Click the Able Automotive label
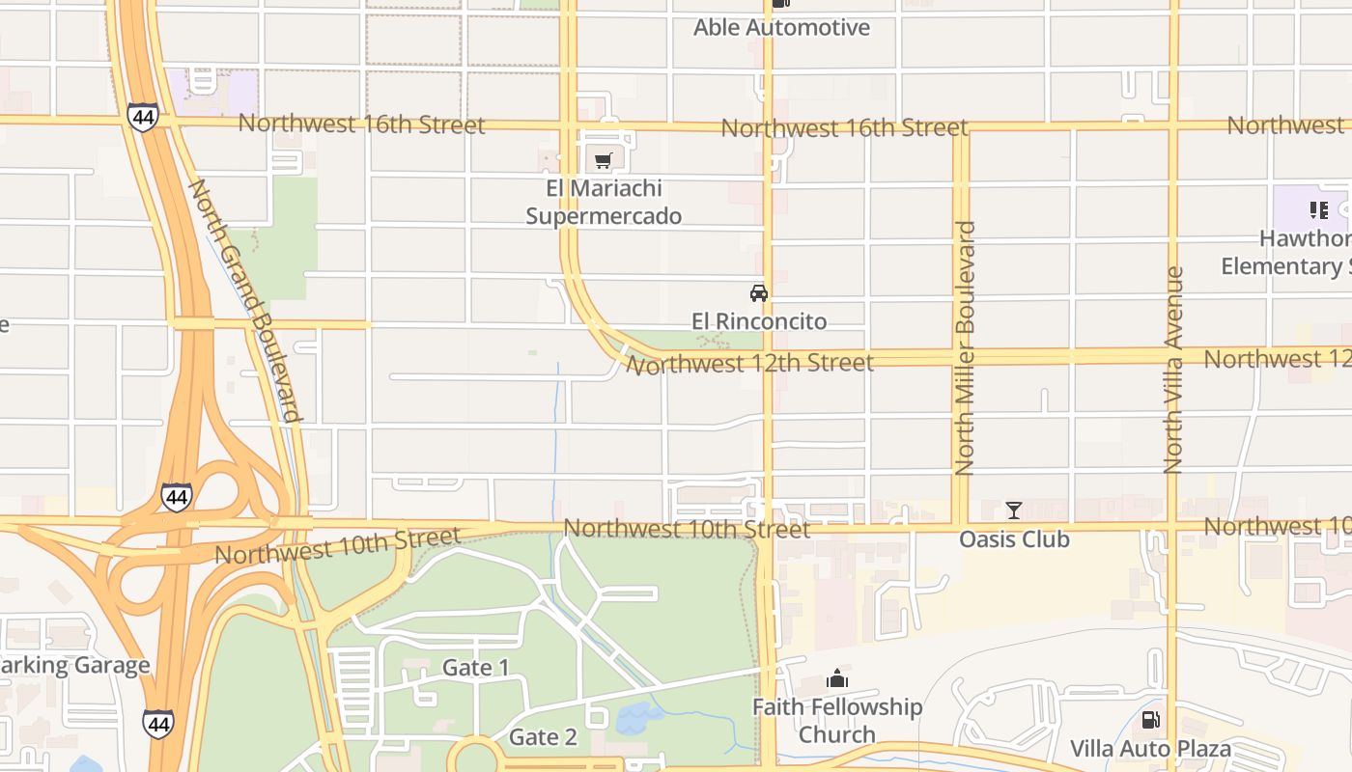781,28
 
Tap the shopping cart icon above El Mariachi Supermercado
604,160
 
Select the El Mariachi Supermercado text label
604,203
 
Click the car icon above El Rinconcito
759,293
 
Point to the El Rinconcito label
759,321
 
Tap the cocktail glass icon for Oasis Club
1014,510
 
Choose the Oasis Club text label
1014,539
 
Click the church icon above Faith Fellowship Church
837,679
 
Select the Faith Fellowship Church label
837,721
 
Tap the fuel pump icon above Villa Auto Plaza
1150,720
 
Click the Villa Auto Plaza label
1150,749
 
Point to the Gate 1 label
475,668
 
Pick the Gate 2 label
543,738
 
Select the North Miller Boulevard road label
965,348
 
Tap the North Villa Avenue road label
1173,371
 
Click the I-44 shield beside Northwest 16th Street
142,118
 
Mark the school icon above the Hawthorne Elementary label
1318,210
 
